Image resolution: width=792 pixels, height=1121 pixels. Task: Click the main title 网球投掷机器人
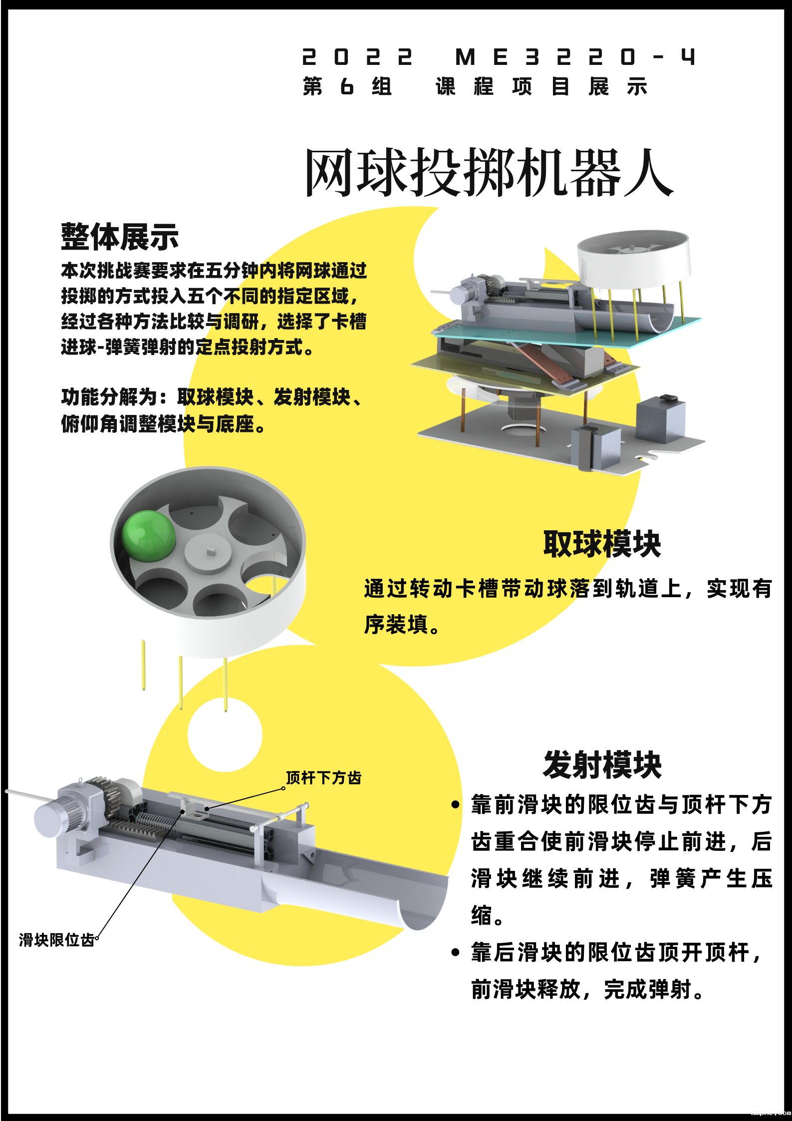489,172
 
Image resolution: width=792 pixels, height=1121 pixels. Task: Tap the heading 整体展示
120,237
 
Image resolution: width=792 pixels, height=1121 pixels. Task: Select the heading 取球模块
602,544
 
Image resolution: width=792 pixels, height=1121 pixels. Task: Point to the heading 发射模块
602,764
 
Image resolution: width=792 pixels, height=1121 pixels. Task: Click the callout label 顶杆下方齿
323,777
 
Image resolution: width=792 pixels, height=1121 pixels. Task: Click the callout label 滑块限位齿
56,940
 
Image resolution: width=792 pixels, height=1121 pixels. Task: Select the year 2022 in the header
357,57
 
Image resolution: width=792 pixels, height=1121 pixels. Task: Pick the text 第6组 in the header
347,86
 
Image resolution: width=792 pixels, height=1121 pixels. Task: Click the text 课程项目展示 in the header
541,86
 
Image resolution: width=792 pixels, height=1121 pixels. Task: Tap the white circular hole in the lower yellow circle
225,735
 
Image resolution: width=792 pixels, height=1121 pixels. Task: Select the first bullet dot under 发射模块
455,804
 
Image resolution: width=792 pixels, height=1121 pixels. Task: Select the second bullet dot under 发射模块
455,952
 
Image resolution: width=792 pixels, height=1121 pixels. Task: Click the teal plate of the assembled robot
569,332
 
